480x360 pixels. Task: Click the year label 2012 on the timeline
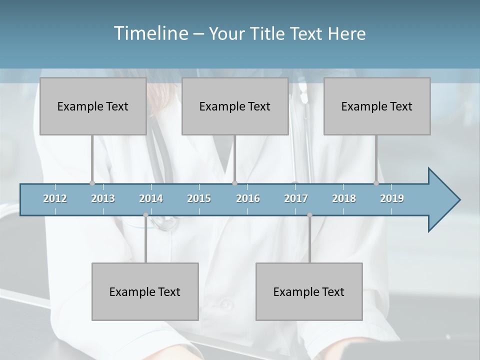pyautogui.click(x=55, y=198)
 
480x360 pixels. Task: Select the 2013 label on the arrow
pyautogui.click(x=103, y=198)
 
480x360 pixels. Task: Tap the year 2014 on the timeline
pyautogui.click(x=151, y=198)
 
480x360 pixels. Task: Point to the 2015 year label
pyautogui.click(x=199, y=198)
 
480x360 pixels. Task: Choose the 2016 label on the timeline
pyautogui.click(x=248, y=198)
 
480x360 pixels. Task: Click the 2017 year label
pyautogui.click(x=296, y=198)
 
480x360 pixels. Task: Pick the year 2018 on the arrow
pyautogui.click(x=344, y=198)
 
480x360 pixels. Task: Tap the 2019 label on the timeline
pyautogui.click(x=392, y=198)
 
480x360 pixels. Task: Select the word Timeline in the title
pyautogui.click(x=150, y=33)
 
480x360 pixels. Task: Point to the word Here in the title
pyautogui.click(x=346, y=34)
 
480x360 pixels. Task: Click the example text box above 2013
pyautogui.click(x=93, y=106)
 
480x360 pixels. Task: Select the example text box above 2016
pyautogui.click(x=235, y=106)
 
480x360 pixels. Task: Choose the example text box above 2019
pyautogui.click(x=377, y=106)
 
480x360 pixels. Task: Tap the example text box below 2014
pyautogui.click(x=145, y=291)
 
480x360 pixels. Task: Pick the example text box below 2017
pyautogui.click(x=309, y=291)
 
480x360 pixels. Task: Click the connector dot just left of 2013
pyautogui.click(x=92, y=183)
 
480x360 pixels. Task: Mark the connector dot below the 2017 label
pyautogui.click(x=309, y=215)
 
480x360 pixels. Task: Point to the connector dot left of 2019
pyautogui.click(x=376, y=183)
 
